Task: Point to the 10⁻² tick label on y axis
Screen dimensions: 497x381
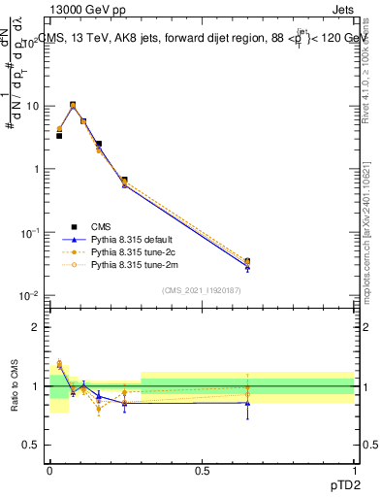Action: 31,296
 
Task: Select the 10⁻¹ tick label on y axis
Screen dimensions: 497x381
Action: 31,233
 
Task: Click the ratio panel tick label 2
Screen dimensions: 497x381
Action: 37,327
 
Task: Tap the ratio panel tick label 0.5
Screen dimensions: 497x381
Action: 33,446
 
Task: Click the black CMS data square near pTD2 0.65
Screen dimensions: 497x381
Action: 247,262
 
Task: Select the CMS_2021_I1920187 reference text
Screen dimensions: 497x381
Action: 202,290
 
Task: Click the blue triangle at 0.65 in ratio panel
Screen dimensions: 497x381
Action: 247,403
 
